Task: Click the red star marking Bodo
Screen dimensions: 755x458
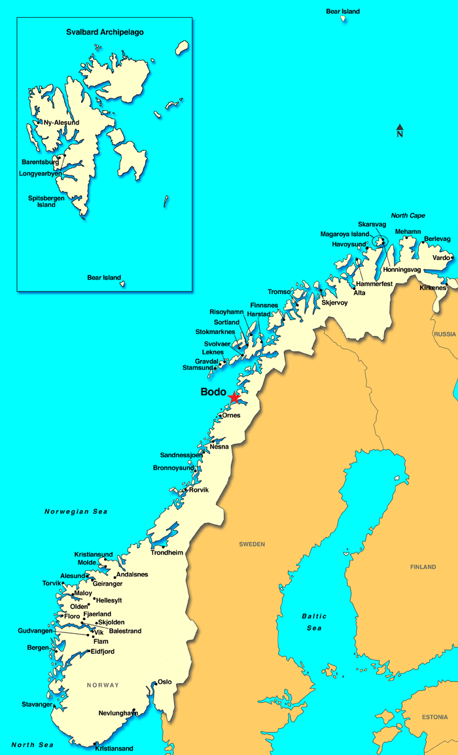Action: pyautogui.click(x=234, y=397)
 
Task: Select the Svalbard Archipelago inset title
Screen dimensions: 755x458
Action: pyautogui.click(x=105, y=32)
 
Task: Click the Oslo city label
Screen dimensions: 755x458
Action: pyautogui.click(x=165, y=682)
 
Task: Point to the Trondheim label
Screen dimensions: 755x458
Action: pyautogui.click(x=167, y=553)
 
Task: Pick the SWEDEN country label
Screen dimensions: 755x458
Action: pyautogui.click(x=252, y=544)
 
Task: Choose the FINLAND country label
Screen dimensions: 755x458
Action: pyautogui.click(x=423, y=567)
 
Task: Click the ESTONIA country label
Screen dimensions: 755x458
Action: pyautogui.click(x=434, y=717)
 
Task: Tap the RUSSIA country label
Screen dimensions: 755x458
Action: pyautogui.click(x=444, y=334)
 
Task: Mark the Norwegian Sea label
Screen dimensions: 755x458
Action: pyautogui.click(x=76, y=511)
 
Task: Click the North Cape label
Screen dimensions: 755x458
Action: pyautogui.click(x=408, y=216)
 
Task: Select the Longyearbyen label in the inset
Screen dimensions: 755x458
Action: pyautogui.click(x=41, y=174)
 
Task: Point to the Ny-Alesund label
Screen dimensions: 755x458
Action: pyautogui.click(x=61, y=122)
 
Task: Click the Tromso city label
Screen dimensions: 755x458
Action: pyautogui.click(x=279, y=292)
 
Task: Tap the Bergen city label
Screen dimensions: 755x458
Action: pyautogui.click(x=38, y=648)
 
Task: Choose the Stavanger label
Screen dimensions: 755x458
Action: pyautogui.click(x=37, y=705)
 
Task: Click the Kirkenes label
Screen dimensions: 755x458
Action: pyautogui.click(x=432, y=288)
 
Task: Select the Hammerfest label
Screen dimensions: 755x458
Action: pyautogui.click(x=374, y=284)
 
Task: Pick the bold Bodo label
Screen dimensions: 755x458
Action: pyautogui.click(x=213, y=392)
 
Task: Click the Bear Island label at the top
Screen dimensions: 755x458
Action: pyautogui.click(x=342, y=11)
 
